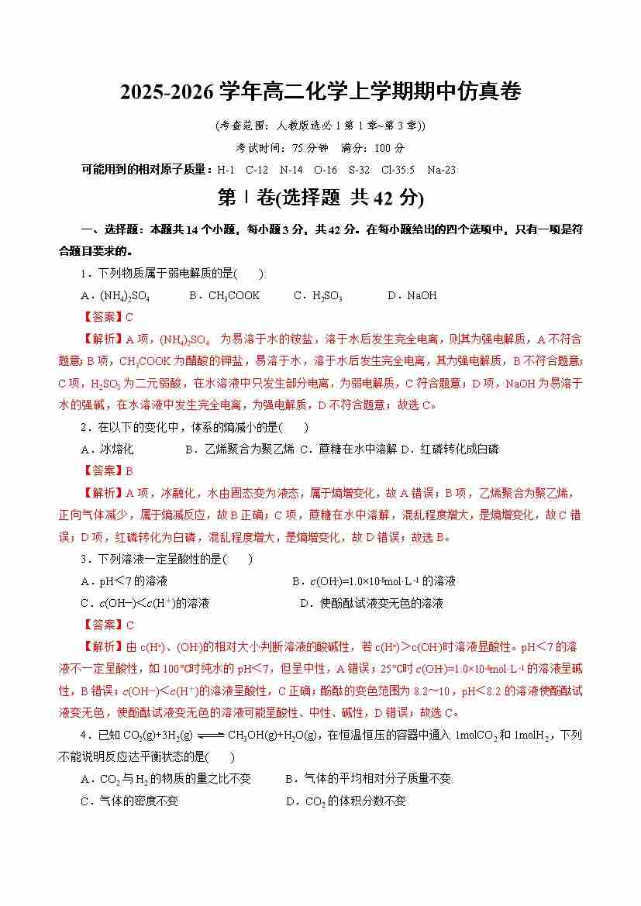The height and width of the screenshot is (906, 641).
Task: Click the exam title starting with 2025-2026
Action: pyautogui.click(x=320, y=92)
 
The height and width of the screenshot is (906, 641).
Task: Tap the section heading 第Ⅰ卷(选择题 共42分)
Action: pyautogui.click(x=320, y=198)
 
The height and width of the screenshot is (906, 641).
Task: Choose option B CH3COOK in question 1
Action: pyautogui.click(x=224, y=295)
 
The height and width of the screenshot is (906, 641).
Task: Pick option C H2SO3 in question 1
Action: pyautogui.click(x=318, y=295)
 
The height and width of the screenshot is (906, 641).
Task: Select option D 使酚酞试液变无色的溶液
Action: pyautogui.click(x=371, y=603)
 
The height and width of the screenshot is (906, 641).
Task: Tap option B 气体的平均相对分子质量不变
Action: pyautogui.click(x=368, y=779)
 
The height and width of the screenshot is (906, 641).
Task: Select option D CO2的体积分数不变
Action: pyautogui.click(x=346, y=801)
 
